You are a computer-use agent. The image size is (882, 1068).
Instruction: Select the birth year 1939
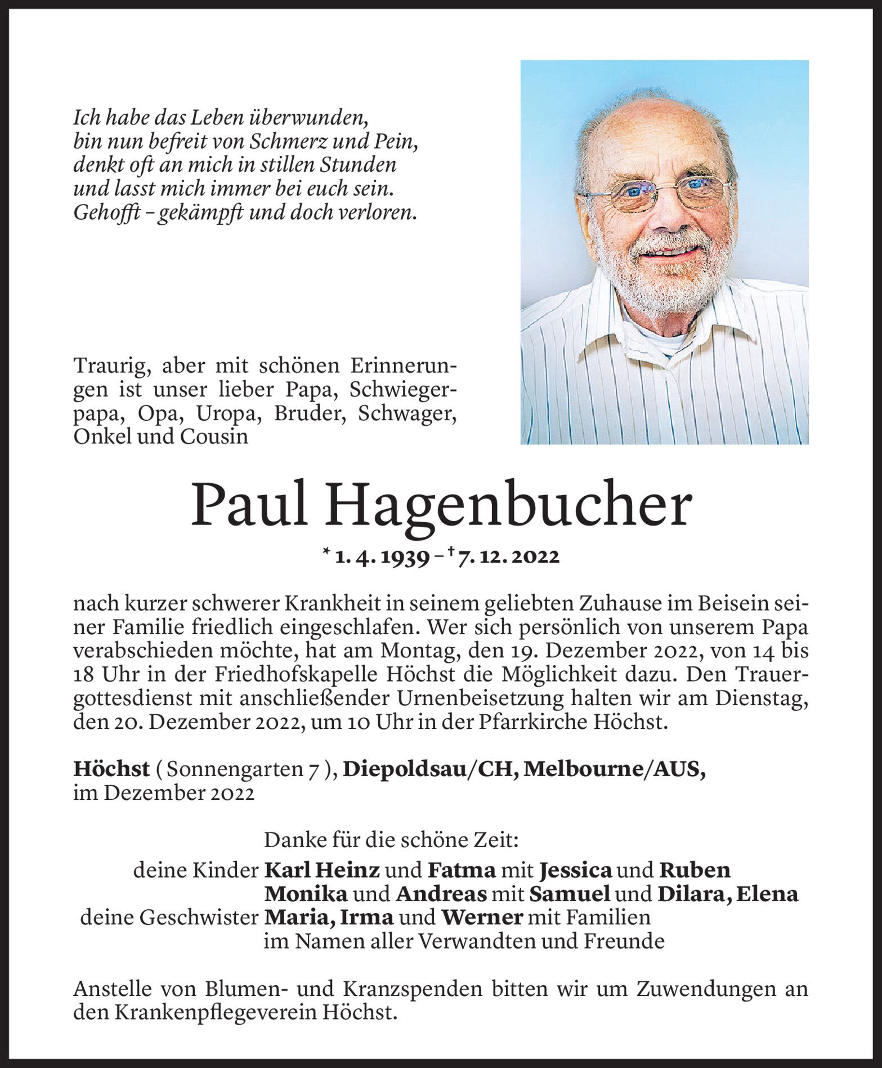point(404,557)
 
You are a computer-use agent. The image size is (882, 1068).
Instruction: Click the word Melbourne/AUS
point(614,769)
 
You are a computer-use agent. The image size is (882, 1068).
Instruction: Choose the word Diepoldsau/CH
point(431,769)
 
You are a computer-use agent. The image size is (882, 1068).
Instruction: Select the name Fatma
point(462,870)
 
